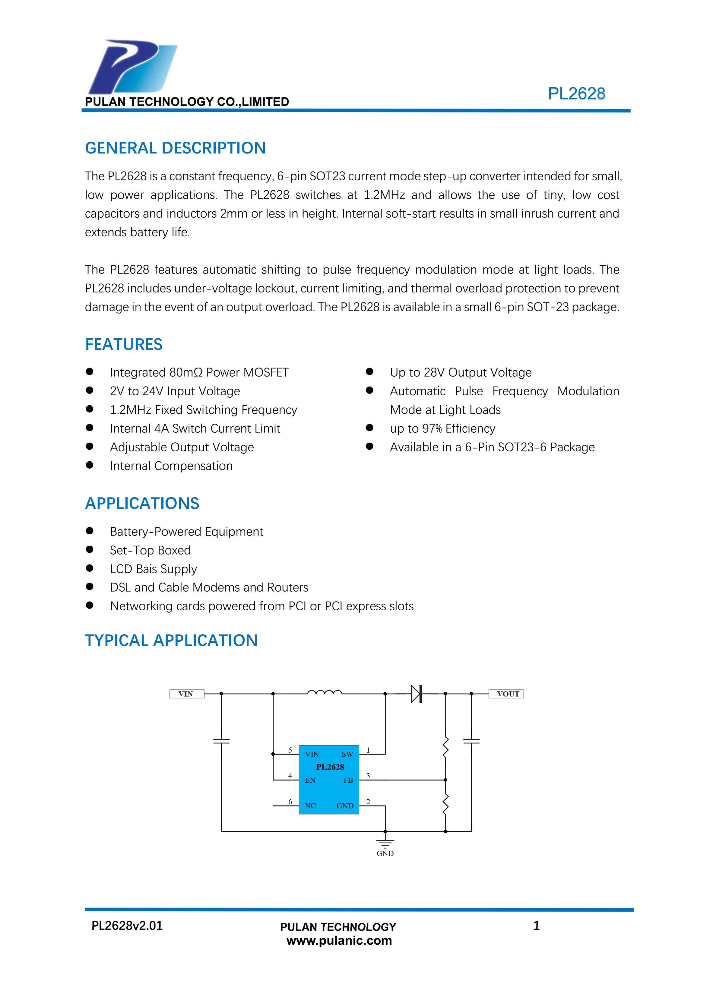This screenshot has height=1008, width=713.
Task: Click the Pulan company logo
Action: pyautogui.click(x=133, y=67)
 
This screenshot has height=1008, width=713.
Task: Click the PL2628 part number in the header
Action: pyautogui.click(x=576, y=93)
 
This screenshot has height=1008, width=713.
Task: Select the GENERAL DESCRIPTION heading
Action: pyautogui.click(x=175, y=148)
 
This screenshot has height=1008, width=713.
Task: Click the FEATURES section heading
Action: pyautogui.click(x=123, y=344)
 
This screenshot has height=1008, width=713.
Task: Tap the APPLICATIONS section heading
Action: pyautogui.click(x=142, y=503)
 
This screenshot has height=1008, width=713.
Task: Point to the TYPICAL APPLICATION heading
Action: pyautogui.click(x=171, y=640)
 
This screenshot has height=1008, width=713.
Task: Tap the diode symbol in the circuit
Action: pyautogui.click(x=417, y=694)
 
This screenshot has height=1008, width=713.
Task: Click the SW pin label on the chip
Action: pyautogui.click(x=347, y=754)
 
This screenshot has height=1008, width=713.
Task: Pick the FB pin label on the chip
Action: pyautogui.click(x=348, y=780)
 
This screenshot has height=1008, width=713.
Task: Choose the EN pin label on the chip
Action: pyautogui.click(x=310, y=780)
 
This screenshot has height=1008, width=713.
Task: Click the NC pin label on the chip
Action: pyautogui.click(x=310, y=806)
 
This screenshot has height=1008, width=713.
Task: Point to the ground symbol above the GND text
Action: pyautogui.click(x=385, y=843)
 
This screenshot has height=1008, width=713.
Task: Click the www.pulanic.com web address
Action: pyautogui.click(x=339, y=940)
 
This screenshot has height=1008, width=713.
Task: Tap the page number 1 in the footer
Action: pyautogui.click(x=536, y=925)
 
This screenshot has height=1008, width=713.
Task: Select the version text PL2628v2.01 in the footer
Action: pyautogui.click(x=127, y=925)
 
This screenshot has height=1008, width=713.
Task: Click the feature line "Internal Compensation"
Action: pyautogui.click(x=171, y=466)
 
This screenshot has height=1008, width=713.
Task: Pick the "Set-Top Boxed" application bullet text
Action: pyautogui.click(x=150, y=550)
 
